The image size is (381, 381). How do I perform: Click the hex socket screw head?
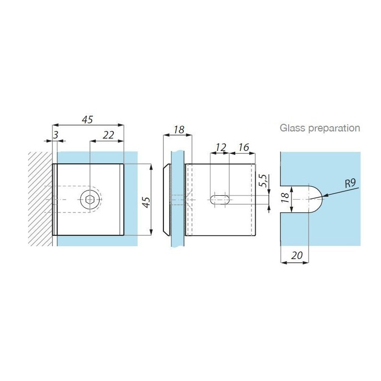[x=90, y=200]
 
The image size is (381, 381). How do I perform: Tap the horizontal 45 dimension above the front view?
[x=88, y=120]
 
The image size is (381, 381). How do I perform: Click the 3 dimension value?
[x=56, y=135]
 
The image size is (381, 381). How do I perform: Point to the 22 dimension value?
[x=108, y=135]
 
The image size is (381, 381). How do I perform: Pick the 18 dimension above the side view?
[x=179, y=130]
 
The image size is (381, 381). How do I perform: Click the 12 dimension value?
[x=221, y=147]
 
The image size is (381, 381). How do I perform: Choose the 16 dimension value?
[x=243, y=147]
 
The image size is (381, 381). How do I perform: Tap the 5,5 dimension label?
[x=263, y=180]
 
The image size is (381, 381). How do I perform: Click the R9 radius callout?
[x=351, y=183]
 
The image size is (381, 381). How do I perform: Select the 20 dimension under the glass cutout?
[x=297, y=255]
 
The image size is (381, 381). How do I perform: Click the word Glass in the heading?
[x=292, y=128]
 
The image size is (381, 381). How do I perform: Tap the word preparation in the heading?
[x=334, y=129]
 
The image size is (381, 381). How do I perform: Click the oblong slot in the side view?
[x=220, y=200]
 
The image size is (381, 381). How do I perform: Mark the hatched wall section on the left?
[x=40, y=199]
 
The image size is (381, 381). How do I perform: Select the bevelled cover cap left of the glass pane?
[x=167, y=200]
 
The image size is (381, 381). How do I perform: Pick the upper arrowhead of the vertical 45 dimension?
[x=151, y=165]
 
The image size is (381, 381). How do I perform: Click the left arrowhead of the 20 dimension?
[x=281, y=262]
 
